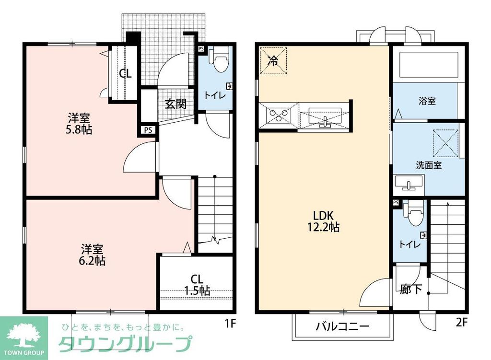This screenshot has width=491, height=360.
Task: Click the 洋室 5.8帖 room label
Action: click(80, 124)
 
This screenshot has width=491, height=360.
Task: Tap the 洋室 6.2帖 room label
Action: click(93, 255)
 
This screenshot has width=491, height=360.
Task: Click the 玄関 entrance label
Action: click(176, 104)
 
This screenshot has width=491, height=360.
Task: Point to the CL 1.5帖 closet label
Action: click(197, 285)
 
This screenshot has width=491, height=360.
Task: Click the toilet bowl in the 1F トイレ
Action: click(221, 61)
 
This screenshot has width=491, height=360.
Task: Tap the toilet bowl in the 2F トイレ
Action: click(415, 211)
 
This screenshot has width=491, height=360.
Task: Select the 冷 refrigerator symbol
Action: click(273, 61)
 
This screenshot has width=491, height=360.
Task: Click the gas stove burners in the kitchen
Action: click(279, 116)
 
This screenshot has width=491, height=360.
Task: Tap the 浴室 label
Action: click(427, 101)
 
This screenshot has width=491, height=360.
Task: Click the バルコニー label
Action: click(342, 327)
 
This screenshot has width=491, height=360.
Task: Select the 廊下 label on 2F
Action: click(410, 290)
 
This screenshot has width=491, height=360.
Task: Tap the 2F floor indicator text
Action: click(461, 323)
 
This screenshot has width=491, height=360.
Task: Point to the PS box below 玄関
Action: click(148, 129)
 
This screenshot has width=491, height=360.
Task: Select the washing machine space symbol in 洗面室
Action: click(446, 142)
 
